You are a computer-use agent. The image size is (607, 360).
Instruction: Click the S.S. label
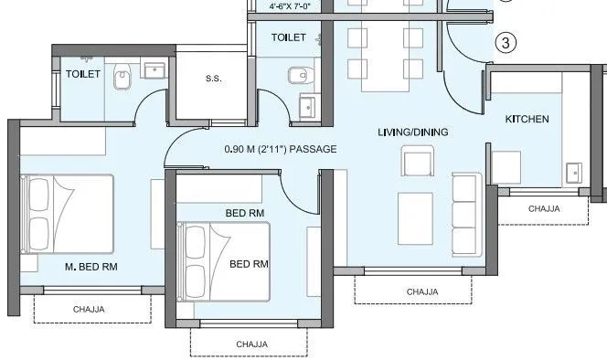pos(213,79)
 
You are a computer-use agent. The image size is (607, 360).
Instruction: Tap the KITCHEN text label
pos(527,119)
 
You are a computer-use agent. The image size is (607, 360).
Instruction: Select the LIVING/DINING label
pos(412,132)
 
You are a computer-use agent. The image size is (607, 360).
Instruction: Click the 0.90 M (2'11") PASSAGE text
pos(281,149)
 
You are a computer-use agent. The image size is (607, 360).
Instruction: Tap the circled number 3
pos(506,42)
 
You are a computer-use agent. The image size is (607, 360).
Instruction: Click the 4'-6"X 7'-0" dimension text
pos(290,6)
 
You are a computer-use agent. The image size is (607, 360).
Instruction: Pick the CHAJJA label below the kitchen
pos(545,209)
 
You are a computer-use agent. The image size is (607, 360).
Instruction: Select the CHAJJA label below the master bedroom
pos(89,309)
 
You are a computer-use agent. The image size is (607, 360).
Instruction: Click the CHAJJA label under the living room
pos(422,291)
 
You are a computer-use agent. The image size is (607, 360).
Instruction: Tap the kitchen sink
pos(575,171)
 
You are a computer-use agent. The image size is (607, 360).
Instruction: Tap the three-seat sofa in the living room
pos(466,203)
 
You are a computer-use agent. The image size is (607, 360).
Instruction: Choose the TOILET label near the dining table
pos(290,37)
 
